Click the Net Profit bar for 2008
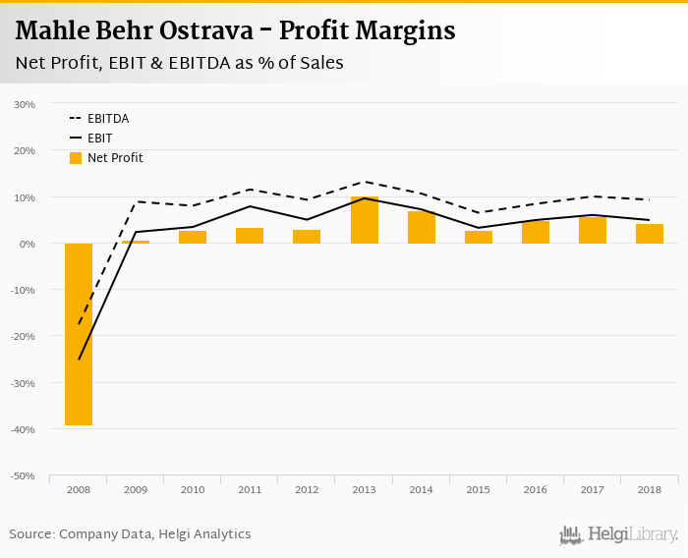(79, 334)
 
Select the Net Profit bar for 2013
(365, 220)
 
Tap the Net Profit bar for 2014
(422, 227)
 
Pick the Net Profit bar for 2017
(593, 230)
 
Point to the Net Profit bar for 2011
(250, 236)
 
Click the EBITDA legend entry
(108, 119)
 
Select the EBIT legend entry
(100, 139)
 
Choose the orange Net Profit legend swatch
(76, 158)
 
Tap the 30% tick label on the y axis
(26, 104)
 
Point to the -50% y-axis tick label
(24, 475)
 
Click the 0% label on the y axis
(28, 244)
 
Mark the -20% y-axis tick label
(24, 336)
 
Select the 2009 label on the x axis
(136, 489)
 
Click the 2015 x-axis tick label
(479, 489)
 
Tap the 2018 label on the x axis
(650, 489)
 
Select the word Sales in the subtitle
(317, 63)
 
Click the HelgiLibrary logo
(619, 534)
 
